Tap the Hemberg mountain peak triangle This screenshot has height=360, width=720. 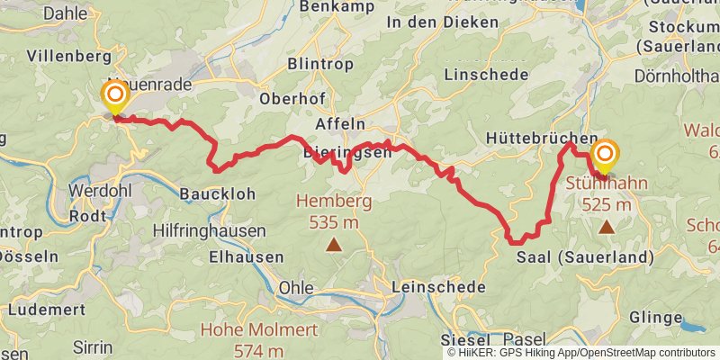334,243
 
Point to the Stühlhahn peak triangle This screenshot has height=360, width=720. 607,228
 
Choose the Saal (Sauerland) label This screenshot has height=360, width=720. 585,257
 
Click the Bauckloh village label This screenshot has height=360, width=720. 217,193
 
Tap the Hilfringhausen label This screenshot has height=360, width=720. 209,231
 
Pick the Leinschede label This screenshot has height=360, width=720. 438,287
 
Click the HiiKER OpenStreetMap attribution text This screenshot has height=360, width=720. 581,353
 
